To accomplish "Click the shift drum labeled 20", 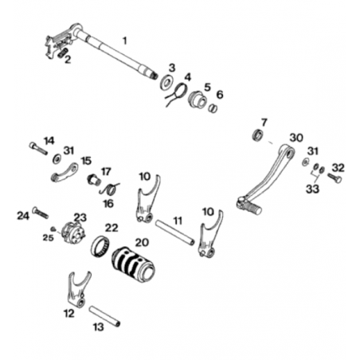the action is (x=133, y=264).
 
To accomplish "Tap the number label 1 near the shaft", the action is (x=124, y=41).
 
